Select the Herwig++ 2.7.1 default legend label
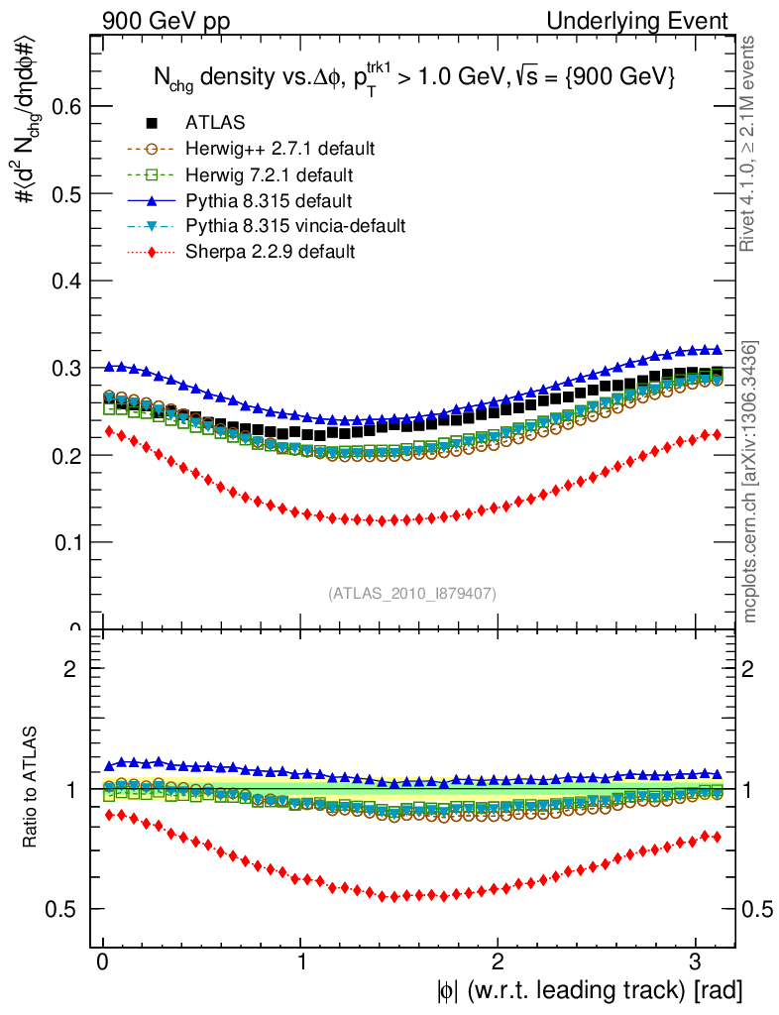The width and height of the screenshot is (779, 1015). pyautogui.click(x=279, y=149)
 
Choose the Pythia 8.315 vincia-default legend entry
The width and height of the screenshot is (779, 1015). pyautogui.click(x=294, y=226)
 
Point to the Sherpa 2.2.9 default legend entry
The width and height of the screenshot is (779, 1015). pyautogui.click(x=270, y=252)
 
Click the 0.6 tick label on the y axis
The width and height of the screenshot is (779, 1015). pyautogui.click(x=62, y=106)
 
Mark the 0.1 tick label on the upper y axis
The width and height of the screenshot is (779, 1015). pyautogui.click(x=62, y=542)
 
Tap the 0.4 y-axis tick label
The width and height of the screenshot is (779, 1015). pyautogui.click(x=62, y=281)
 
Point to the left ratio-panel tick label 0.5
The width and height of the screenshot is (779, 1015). pyautogui.click(x=62, y=909)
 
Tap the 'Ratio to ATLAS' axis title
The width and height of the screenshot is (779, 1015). pyautogui.click(x=31, y=788)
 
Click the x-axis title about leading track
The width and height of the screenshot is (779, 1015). pyautogui.click(x=588, y=989)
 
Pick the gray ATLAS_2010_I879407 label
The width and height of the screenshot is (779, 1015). pyautogui.click(x=412, y=594)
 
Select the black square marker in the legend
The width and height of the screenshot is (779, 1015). pyautogui.click(x=153, y=123)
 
